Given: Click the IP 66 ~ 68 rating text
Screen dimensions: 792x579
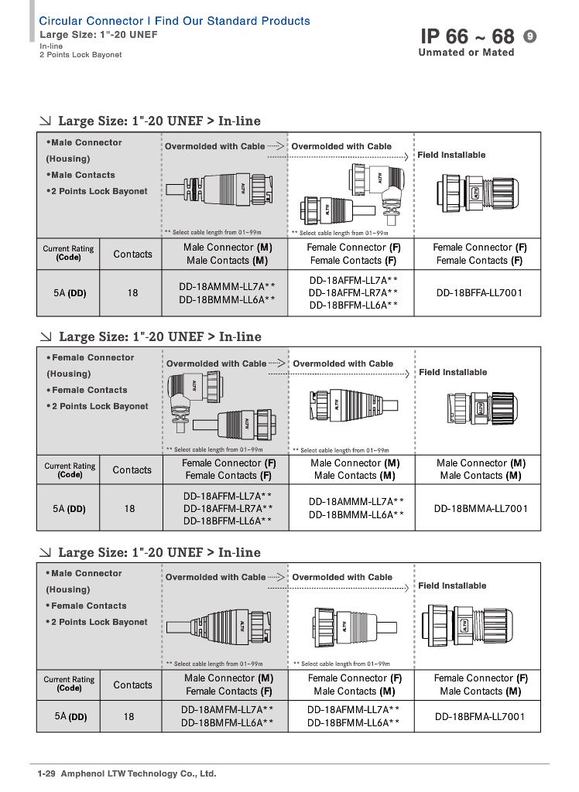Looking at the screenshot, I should [467, 36].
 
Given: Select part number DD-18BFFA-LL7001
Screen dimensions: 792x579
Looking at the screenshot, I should [479, 293].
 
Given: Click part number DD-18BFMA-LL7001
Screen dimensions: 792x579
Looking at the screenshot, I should [480, 717].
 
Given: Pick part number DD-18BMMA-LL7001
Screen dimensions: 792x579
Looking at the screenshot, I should [481, 509].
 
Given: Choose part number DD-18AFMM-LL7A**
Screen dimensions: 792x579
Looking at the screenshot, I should [354, 708].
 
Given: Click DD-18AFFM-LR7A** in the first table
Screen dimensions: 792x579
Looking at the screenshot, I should [353, 292].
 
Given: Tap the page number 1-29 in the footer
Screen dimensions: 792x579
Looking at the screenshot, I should [48, 773].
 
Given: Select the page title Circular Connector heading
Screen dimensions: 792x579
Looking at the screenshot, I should [174, 21].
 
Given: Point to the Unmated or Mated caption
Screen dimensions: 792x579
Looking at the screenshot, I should [466, 53].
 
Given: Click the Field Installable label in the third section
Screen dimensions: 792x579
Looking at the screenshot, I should [452, 585].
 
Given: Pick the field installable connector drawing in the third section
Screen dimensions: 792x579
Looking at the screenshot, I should [466, 625].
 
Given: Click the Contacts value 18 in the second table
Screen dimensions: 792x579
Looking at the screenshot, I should [129, 508].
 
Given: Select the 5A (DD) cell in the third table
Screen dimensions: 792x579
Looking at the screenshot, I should [70, 717].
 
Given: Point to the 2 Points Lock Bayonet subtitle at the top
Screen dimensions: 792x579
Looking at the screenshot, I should [81, 55].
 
